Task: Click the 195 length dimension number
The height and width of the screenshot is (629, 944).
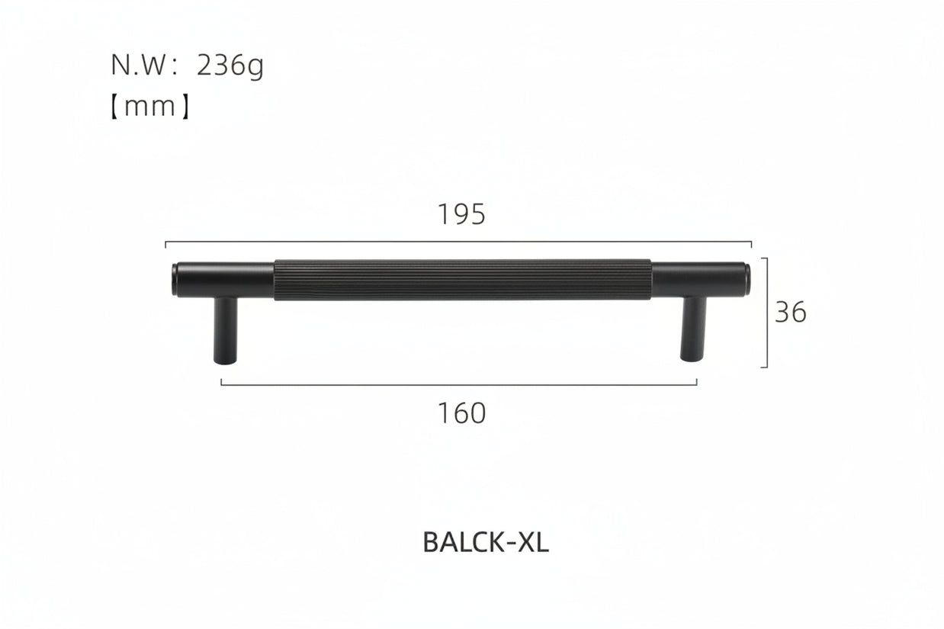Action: (462, 214)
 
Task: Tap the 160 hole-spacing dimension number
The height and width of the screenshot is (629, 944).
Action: (462, 413)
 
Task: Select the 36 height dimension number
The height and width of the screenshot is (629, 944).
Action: (791, 313)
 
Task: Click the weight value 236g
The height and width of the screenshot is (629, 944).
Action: (230, 66)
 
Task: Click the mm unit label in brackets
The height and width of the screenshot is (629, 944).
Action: (150, 107)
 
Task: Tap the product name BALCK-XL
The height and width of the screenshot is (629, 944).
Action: (486, 542)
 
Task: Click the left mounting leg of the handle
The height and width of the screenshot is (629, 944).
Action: (226, 330)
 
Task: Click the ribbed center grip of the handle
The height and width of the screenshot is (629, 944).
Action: (462, 280)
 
